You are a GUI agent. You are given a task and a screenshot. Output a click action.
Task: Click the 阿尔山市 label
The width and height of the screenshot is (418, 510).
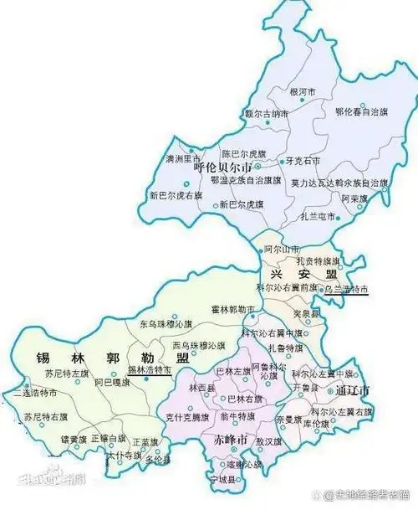(x=281, y=250)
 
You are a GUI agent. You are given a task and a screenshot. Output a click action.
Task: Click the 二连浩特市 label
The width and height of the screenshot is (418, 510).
(x=36, y=391)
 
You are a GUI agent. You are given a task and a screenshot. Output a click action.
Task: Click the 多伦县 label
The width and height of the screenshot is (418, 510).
(x=156, y=460)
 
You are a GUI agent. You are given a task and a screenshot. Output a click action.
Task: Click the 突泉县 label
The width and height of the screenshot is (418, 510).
(x=307, y=313)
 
